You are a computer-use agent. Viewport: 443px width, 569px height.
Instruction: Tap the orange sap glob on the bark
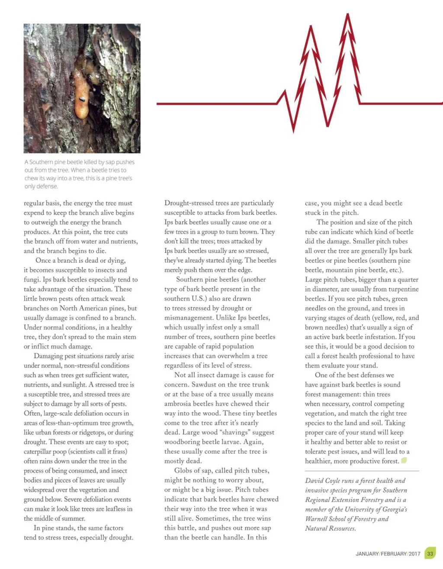click(x=81, y=97)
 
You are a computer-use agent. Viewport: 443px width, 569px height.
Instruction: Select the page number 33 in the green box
click(x=430, y=553)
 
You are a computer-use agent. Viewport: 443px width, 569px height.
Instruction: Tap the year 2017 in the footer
click(x=414, y=554)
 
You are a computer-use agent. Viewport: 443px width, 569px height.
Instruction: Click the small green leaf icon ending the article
click(x=404, y=460)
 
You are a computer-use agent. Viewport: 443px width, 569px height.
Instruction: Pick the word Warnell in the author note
click(x=317, y=519)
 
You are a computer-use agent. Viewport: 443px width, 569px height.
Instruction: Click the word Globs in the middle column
click(x=183, y=471)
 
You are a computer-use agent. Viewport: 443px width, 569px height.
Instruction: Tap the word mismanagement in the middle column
click(x=188, y=318)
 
